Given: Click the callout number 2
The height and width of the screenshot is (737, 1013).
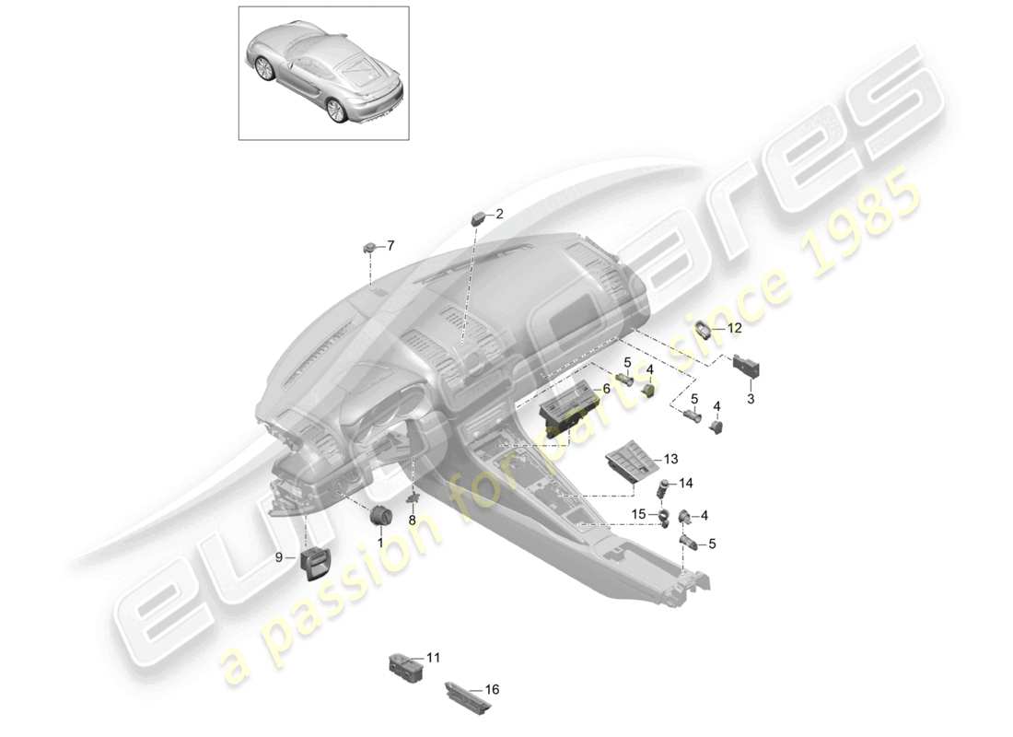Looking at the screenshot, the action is point(500,214).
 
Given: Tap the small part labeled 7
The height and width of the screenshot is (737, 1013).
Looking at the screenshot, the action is point(370,246).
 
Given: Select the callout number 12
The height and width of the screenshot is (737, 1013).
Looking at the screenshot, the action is point(734,327).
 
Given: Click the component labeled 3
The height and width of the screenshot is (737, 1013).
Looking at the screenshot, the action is point(746,368).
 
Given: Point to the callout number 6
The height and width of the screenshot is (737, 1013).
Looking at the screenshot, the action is point(605,390).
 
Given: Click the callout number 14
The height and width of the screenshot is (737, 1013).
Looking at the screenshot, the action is point(686,483).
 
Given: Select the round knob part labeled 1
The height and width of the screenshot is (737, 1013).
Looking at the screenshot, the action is point(382,515).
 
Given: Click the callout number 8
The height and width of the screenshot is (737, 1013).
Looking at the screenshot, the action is point(412,520).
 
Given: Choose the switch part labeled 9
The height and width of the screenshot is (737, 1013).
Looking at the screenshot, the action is point(315,562).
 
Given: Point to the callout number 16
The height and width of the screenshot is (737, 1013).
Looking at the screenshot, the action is point(492,689).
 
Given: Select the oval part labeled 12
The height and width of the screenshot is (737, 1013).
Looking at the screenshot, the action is point(707,329).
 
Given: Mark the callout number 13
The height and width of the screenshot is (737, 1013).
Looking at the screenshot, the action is point(669,458).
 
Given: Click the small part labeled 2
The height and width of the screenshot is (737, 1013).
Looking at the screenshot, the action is point(480,217).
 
